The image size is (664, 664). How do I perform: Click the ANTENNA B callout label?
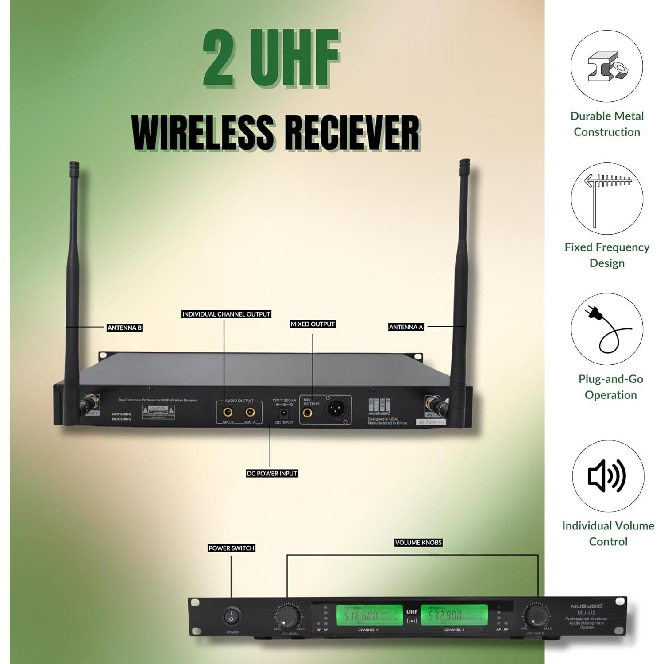click(124, 328)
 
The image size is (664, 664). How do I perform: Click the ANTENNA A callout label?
click(406, 327)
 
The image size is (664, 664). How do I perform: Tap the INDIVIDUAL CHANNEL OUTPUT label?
click(226, 314)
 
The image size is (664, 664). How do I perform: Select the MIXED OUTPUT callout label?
click(313, 324)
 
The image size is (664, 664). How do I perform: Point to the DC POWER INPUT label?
click(272, 473)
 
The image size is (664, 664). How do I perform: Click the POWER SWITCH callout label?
click(231, 548)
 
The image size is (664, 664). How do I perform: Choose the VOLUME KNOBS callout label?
click(418, 542)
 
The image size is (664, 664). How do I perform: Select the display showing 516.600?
click(369, 616)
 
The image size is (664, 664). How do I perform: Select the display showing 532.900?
click(454, 616)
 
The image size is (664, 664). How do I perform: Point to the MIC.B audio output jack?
click(228, 413)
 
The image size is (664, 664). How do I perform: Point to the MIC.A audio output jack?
click(250, 413)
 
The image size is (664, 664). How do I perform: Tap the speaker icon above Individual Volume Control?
click(607, 476)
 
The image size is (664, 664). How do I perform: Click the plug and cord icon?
click(607, 329)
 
